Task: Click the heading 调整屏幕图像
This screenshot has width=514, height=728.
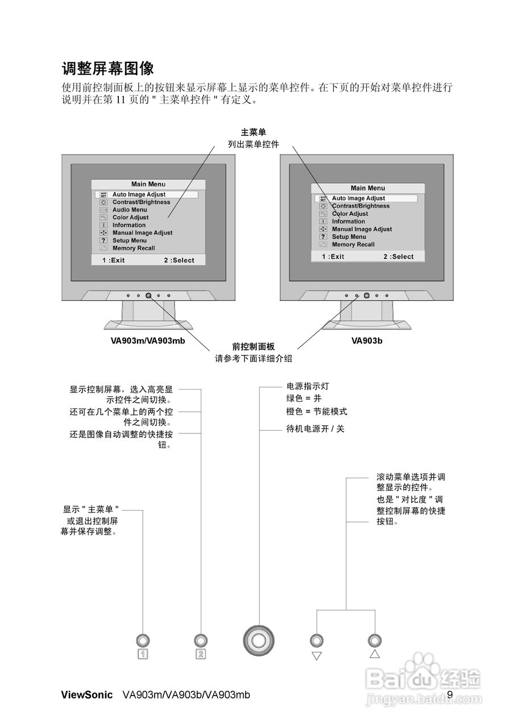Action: point(107,69)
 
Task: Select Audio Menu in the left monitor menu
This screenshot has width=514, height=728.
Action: point(129,210)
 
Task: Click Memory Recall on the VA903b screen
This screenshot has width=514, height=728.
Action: point(353,245)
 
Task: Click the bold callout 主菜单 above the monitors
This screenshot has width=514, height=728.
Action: point(254,133)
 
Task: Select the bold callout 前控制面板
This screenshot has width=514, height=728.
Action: point(254,346)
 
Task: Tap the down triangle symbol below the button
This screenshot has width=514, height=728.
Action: point(317,656)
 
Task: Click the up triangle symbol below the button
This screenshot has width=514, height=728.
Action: point(374,654)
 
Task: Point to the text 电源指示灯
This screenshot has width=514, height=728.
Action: point(308,386)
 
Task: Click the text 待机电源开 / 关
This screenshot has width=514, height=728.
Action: point(316,429)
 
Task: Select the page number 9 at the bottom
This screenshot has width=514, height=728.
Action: point(450,694)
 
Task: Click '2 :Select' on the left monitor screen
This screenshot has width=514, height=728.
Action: point(179,260)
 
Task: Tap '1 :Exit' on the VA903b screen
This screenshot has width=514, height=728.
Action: point(333,257)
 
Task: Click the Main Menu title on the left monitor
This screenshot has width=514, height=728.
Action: point(148,184)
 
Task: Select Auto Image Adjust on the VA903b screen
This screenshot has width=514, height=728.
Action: point(358,198)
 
